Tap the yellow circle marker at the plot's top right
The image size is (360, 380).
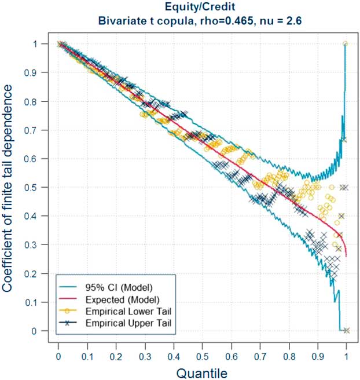346,43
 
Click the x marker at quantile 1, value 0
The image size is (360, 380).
346,331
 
